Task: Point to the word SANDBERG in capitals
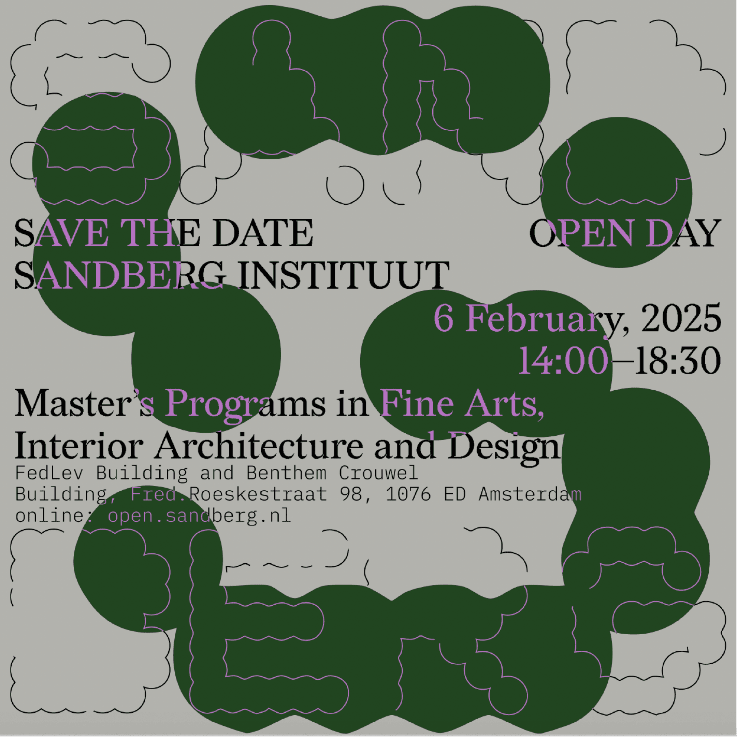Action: [119, 274]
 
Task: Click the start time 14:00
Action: [563, 361]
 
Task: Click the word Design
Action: [504, 448]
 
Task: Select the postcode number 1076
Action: [408, 494]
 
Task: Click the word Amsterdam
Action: [530, 494]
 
